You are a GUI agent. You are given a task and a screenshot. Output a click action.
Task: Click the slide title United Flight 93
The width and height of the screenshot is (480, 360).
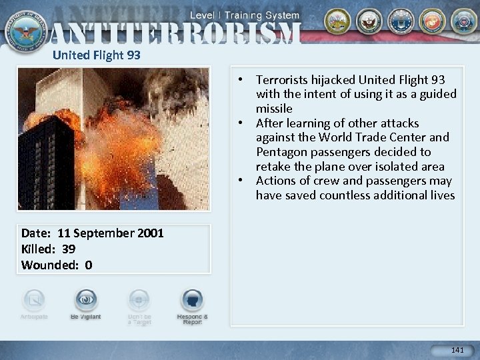tap(96, 55)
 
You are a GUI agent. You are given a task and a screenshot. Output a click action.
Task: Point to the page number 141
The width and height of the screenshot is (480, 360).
tap(457, 350)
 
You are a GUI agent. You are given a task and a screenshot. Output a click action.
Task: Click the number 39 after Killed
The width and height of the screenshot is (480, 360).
tap(67, 249)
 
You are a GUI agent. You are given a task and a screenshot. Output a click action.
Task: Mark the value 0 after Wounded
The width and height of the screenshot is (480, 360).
tap(89, 265)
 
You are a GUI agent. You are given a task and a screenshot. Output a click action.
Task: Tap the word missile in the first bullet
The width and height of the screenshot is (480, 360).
tap(274, 109)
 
